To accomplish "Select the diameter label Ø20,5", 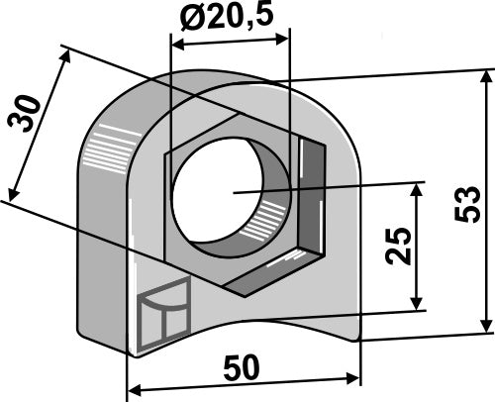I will (229, 17).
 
